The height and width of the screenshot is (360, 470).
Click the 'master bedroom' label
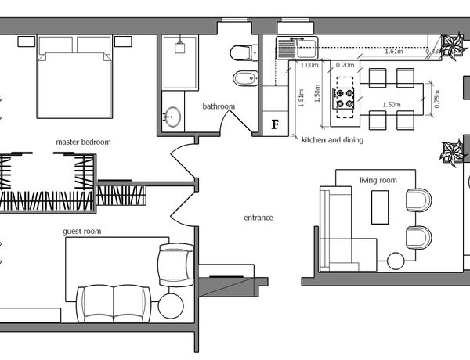click(83, 142)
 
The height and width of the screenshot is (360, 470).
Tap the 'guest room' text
click(81, 231)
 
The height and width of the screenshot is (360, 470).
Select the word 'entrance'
click(258, 218)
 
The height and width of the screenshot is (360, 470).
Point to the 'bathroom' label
click(219, 106)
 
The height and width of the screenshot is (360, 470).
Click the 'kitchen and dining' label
click(332, 140)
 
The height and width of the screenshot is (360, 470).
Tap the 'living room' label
click(378, 180)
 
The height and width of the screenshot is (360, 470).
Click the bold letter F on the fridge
click(275, 124)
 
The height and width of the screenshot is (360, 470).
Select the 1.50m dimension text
click(392, 105)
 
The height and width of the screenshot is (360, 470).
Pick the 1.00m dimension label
click(309, 65)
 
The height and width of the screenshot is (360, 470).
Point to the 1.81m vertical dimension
click(302, 98)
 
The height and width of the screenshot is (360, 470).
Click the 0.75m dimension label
click(437, 99)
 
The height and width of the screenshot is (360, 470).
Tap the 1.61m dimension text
click(394, 51)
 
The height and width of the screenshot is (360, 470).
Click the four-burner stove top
click(344, 98)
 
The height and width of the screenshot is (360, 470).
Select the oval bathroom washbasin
click(172, 117)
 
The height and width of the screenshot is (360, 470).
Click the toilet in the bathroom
click(244, 52)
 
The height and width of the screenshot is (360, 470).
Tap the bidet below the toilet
click(245, 78)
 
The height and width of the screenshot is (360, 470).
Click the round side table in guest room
click(171, 306)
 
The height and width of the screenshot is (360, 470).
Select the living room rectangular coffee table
click(380, 207)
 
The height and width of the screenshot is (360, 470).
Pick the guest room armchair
click(176, 265)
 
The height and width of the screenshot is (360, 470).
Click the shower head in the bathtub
click(179, 47)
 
